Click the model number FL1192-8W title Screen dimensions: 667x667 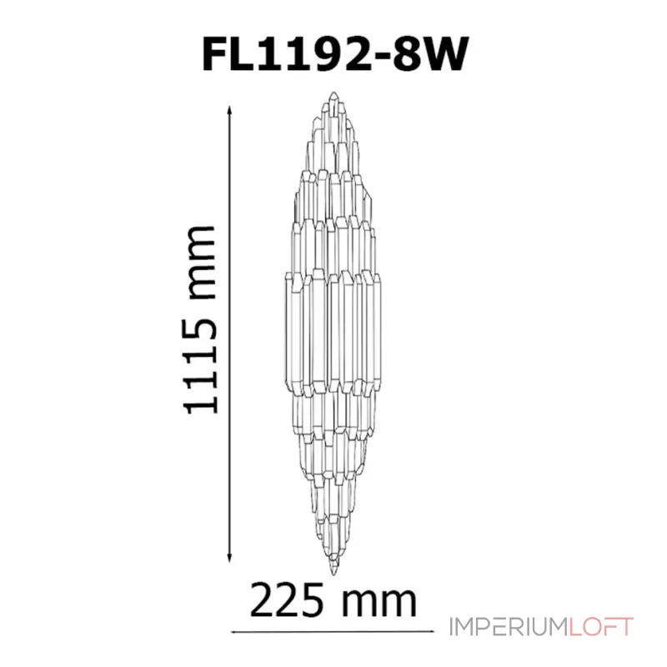(334, 54)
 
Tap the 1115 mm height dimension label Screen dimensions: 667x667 (200, 320)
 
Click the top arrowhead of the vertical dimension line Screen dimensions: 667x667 (230, 109)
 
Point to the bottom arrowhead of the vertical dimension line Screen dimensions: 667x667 (230, 559)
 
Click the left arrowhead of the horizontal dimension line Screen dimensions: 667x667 (235, 632)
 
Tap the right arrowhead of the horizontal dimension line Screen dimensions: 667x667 (430, 632)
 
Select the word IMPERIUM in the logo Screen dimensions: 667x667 (509, 627)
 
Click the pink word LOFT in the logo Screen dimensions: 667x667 (601, 627)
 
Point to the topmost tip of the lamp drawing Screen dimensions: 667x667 (334, 92)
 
